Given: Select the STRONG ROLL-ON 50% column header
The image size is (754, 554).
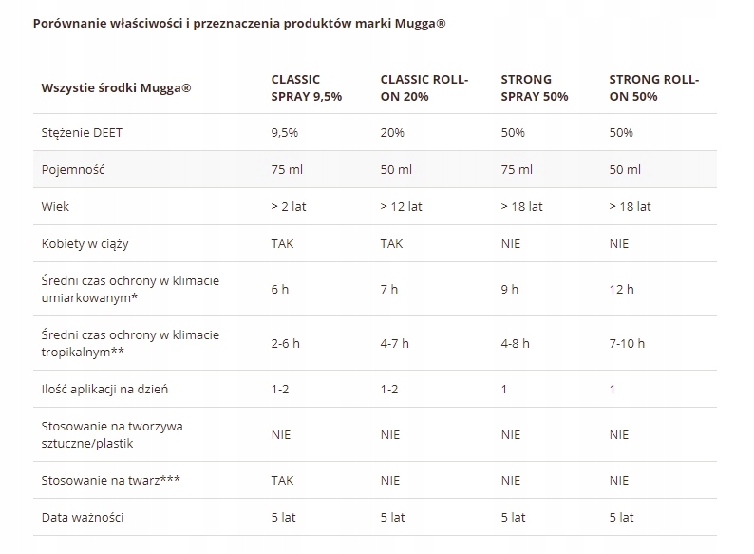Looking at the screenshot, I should click(653, 87).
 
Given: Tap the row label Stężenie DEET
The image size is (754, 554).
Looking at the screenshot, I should click(82, 133).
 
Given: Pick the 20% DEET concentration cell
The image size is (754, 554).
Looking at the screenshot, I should click(392, 133).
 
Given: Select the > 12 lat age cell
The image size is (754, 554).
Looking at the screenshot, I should click(401, 206).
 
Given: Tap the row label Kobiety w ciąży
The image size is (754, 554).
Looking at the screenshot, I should click(85, 243).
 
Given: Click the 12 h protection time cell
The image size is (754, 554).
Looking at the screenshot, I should click(622, 289).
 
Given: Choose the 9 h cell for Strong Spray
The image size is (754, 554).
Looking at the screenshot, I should click(509, 289).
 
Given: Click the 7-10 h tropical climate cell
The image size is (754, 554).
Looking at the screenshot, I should click(627, 343).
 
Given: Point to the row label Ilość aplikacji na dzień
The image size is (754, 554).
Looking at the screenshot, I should click(105, 389).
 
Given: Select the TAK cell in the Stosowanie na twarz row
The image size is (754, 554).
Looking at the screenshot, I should click(282, 481).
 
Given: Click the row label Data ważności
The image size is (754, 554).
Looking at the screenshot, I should click(83, 518).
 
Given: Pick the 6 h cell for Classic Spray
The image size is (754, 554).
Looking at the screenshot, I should click(279, 289).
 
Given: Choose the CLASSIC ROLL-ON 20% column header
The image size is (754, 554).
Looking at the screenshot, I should click(424, 87).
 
